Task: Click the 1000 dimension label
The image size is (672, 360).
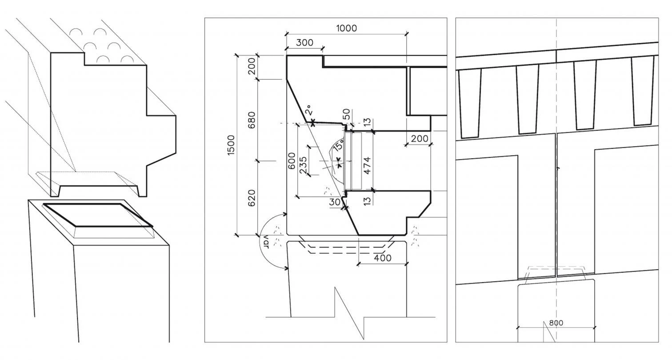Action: [x=347, y=28]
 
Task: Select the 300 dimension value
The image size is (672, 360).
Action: [x=304, y=43]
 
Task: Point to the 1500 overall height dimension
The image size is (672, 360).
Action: [x=231, y=145]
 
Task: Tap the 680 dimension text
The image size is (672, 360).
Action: [x=252, y=120]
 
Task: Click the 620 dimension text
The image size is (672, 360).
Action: [x=252, y=198]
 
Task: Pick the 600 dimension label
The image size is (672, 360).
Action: [x=291, y=161]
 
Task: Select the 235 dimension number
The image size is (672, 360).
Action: [x=303, y=165]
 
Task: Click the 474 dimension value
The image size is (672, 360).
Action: [x=367, y=165]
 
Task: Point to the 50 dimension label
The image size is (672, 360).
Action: [x=346, y=114]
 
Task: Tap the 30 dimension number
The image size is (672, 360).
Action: [x=335, y=202]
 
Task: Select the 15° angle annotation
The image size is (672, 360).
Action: [x=338, y=145]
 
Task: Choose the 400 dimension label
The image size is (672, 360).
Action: [x=383, y=258]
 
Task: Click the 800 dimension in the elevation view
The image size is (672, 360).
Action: [x=556, y=323]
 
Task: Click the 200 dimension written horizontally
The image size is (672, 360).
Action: [x=420, y=139]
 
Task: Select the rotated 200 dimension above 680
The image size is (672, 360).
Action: [x=252, y=66]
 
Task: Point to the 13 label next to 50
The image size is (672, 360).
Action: [x=367, y=122]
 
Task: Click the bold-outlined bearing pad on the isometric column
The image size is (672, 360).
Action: [x=98, y=215]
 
